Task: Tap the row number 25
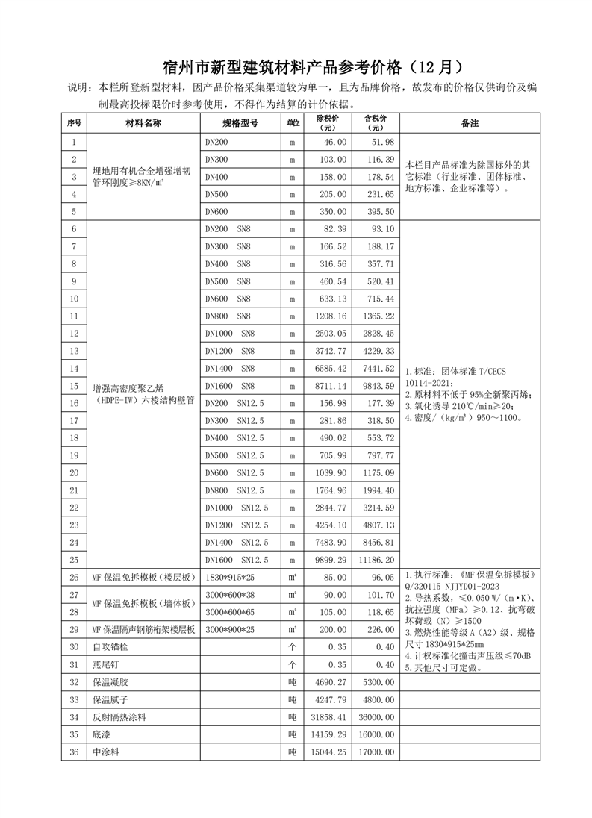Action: [x=74, y=560]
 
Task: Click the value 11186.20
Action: [x=376, y=560]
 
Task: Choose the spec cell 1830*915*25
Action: [x=229, y=578]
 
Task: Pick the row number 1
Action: [x=74, y=142]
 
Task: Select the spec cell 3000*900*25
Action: [x=229, y=629]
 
